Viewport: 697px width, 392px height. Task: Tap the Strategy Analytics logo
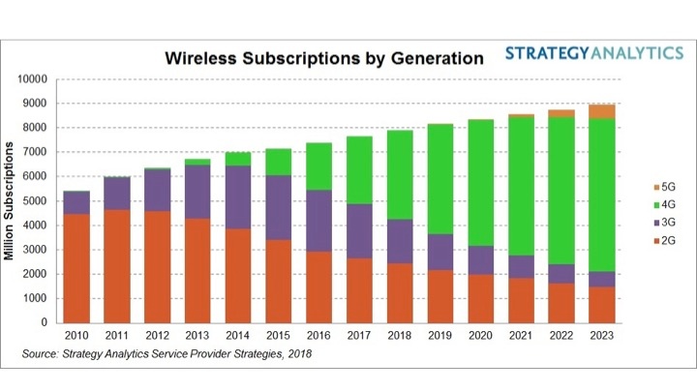pyautogui.click(x=593, y=52)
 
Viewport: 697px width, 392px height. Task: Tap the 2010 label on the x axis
pyautogui.click(x=76, y=337)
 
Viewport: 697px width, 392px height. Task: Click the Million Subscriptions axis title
pyautogui.click(x=14, y=201)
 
